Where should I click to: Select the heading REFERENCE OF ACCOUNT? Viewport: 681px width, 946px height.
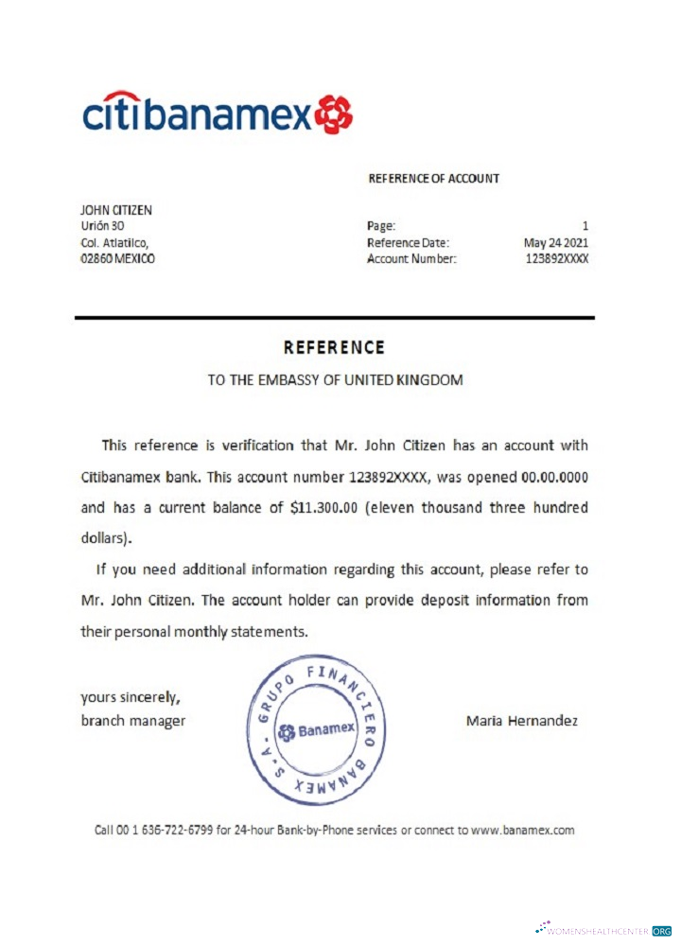tap(433, 178)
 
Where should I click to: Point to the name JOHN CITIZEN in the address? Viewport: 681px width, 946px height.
tap(116, 210)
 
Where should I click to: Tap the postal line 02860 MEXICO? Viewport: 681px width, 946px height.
tap(119, 258)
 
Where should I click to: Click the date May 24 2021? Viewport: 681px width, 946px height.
tap(556, 242)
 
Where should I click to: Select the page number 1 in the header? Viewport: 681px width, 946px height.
tap(585, 226)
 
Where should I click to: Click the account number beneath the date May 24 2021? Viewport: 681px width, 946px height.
tap(556, 258)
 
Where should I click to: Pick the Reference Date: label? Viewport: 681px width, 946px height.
tap(408, 242)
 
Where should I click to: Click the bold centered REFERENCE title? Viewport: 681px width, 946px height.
tap(335, 347)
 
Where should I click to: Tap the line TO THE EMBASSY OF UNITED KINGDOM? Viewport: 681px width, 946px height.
tap(335, 380)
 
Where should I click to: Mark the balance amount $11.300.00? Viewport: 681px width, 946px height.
tap(324, 508)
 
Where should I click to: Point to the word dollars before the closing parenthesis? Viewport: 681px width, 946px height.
tap(103, 540)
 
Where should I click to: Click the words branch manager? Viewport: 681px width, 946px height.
tap(132, 721)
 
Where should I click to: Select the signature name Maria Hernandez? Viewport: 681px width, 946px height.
tap(521, 721)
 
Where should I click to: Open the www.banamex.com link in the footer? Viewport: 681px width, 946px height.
tap(522, 831)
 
